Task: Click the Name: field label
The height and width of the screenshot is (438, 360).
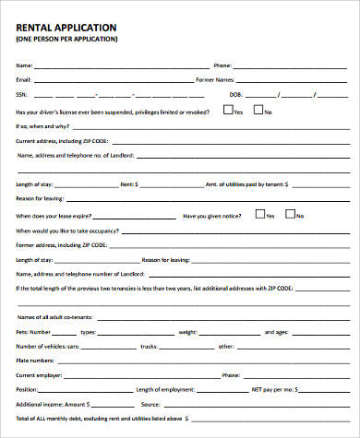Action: [x=25, y=65]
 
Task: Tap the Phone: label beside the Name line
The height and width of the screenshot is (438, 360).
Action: [x=222, y=65]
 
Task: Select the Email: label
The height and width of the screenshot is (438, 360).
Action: [x=24, y=80]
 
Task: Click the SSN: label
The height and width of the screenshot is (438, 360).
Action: [x=22, y=95]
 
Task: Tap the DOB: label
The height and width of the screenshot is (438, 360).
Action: [x=235, y=95]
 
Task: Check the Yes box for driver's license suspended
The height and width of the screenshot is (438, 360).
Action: [x=228, y=110]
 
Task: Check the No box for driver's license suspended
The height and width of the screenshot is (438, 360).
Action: [x=258, y=110]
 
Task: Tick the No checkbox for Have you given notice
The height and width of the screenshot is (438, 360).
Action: [x=290, y=215]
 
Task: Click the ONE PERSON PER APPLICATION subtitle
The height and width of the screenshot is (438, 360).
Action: [x=66, y=41]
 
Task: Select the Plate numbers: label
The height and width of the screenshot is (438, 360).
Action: [x=35, y=361]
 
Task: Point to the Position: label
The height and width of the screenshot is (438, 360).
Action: [x=27, y=391]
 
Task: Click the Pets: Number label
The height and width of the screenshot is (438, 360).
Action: [x=34, y=331]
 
